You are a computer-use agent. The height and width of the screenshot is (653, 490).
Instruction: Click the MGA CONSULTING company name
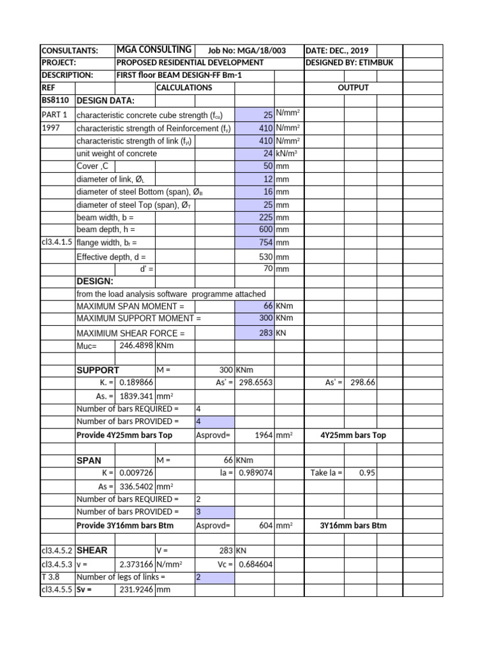154,50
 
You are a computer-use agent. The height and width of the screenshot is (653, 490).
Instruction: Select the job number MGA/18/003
247,50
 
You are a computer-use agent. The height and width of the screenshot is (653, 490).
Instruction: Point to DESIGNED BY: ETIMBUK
347,62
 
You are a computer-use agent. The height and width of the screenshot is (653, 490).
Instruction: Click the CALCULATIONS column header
184,87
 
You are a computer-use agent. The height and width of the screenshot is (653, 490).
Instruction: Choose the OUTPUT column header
353,87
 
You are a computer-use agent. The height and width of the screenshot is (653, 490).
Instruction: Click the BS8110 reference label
56,101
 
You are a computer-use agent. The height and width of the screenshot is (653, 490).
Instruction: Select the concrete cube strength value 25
268,115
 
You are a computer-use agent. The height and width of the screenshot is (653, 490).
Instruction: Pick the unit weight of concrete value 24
268,154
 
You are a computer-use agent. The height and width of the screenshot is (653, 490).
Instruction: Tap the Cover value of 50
268,166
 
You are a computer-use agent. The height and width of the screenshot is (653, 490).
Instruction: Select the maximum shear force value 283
267,333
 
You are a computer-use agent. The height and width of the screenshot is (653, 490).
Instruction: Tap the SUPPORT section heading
98,371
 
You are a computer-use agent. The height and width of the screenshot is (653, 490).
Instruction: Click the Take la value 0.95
366,473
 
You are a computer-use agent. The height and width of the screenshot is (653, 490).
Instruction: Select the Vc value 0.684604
255,564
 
